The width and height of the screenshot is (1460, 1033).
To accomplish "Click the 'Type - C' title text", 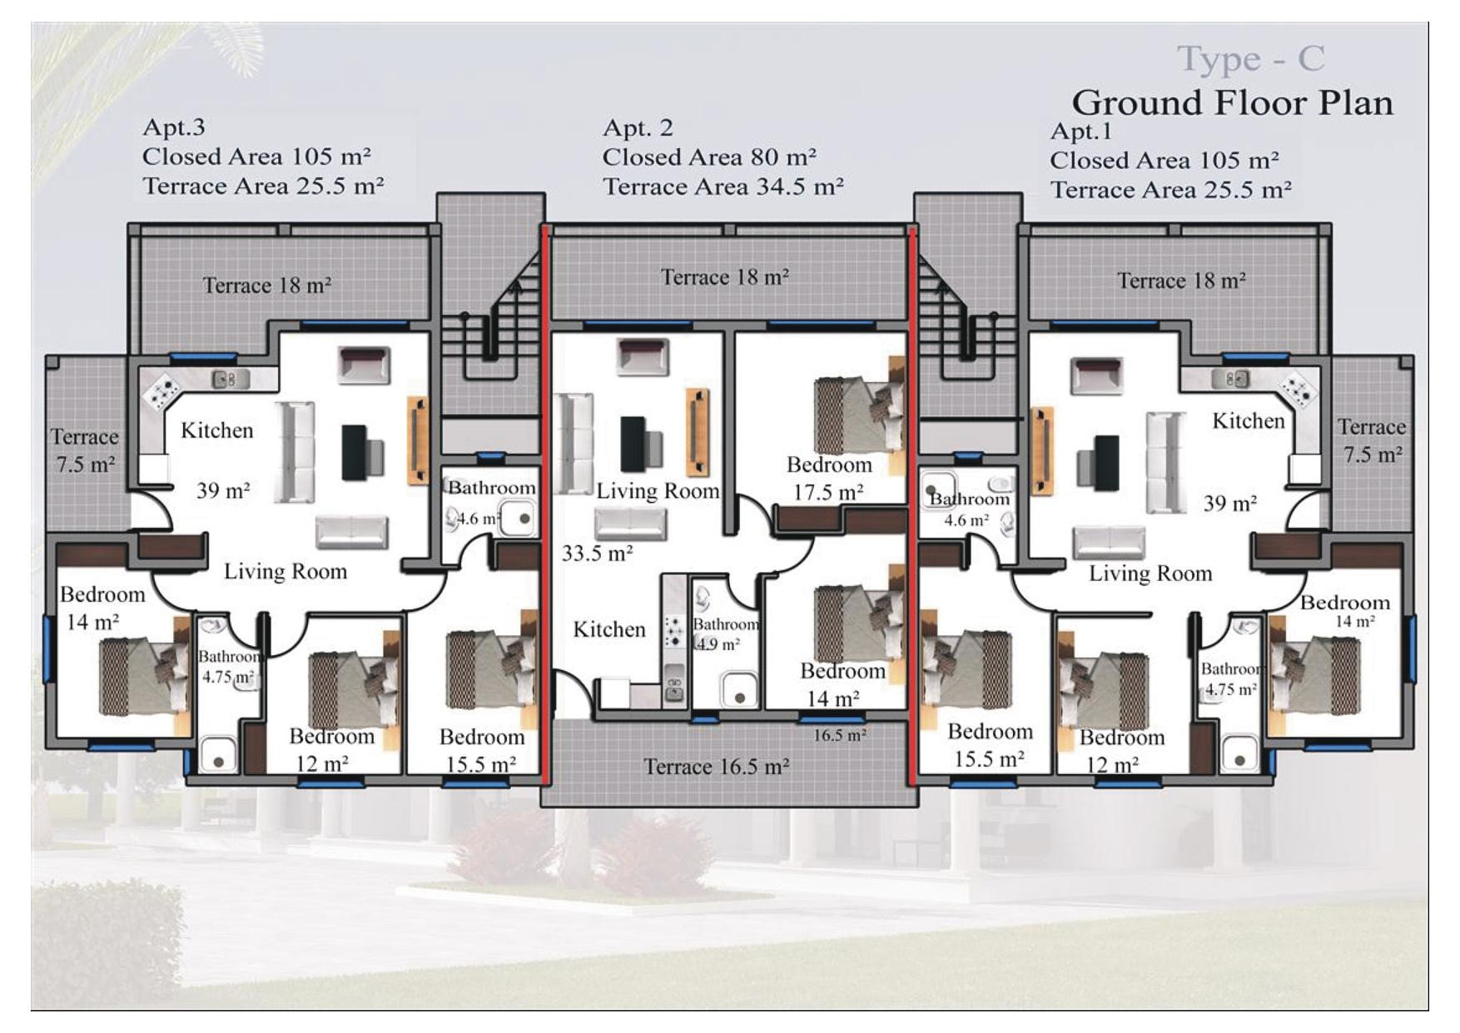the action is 1250,58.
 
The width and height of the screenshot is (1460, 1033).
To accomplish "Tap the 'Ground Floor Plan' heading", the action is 1232,103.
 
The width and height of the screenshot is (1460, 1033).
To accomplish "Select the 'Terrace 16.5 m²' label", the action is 717,766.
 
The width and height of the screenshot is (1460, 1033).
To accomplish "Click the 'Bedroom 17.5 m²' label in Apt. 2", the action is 829,478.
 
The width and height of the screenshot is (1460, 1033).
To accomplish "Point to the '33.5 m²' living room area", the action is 597,553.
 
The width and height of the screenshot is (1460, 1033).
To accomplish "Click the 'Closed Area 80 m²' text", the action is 709,156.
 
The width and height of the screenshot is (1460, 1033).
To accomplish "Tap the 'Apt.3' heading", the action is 174,127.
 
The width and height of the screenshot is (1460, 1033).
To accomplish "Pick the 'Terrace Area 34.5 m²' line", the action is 723,186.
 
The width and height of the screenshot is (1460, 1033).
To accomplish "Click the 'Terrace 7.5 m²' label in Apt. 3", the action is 84,450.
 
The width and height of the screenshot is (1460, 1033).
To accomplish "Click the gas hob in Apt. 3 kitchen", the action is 161,389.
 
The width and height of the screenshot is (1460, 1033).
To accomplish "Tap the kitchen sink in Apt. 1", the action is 1235,379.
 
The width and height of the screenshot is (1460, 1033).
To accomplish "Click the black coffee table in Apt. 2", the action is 633,443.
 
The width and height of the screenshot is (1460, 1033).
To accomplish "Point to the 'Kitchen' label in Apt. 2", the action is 609,629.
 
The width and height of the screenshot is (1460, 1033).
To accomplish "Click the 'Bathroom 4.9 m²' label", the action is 725,633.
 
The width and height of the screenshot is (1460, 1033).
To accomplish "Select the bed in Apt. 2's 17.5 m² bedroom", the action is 860,415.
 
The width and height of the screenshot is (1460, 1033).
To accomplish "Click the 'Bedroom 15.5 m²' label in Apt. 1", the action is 990,745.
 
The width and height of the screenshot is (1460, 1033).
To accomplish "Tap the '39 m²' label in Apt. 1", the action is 1230,503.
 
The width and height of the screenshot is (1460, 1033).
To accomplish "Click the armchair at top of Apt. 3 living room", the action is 364,365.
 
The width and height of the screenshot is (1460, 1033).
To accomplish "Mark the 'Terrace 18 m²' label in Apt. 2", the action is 725,276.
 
